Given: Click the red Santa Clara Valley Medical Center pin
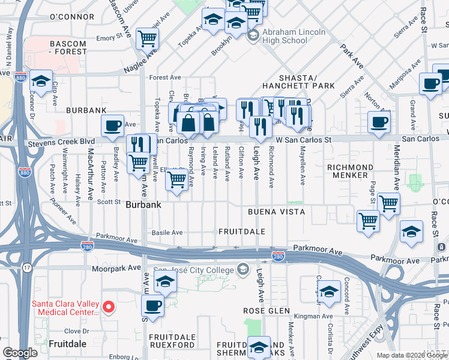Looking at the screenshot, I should [109, 307].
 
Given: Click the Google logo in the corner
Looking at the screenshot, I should [20, 353].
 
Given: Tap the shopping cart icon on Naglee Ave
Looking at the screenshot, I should [147, 39].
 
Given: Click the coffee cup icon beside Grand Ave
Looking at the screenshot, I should [378, 122].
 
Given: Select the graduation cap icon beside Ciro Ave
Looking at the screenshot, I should [41, 81].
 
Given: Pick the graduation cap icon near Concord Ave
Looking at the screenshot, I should [329, 292].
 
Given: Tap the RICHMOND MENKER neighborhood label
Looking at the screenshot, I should [351, 171].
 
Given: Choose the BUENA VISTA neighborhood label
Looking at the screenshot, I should [277, 212].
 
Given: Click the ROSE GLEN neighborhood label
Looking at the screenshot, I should [266, 312].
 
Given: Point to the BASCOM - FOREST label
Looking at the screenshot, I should [59, 48].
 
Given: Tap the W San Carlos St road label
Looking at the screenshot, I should [304, 140].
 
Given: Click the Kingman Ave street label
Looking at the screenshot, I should [318, 316].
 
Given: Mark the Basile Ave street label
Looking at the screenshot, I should [167, 232].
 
